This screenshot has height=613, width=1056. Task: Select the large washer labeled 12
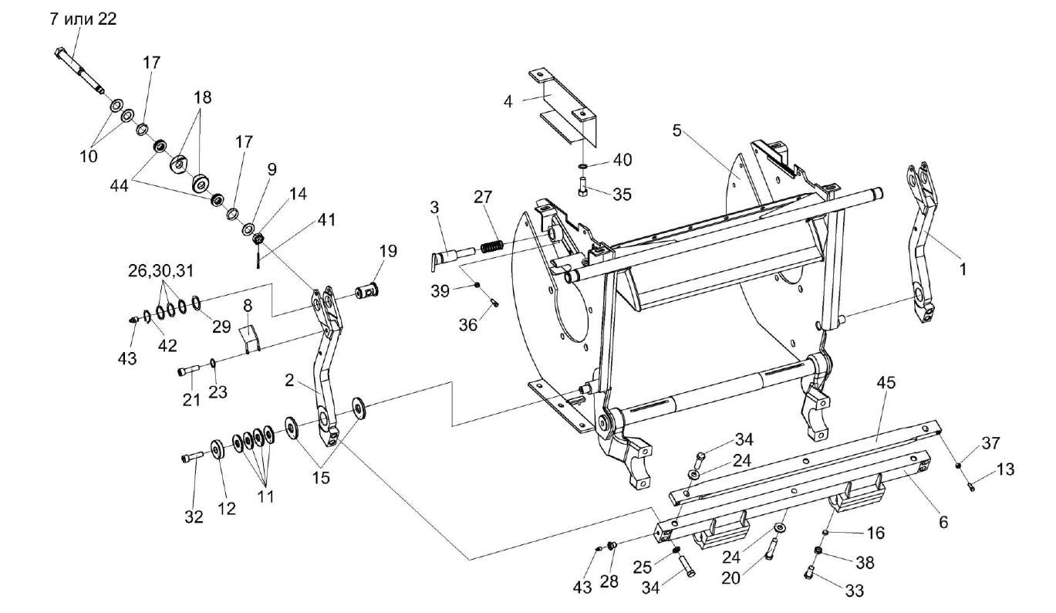pyautogui.click(x=217, y=449)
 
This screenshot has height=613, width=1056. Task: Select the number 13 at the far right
pyautogui.click(x=1006, y=469)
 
